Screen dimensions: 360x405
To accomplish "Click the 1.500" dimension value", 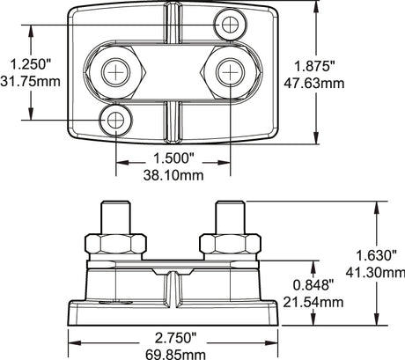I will coord(173,158).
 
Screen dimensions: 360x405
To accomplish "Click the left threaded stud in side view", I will coord(115,217).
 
